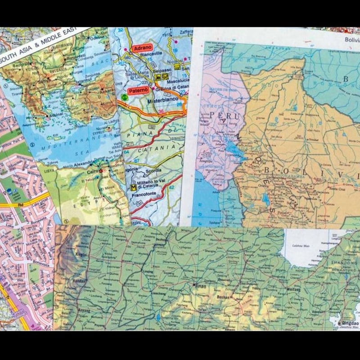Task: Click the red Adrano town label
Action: (143, 47)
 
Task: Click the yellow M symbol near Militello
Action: (133, 187)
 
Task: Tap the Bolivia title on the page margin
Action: (353, 40)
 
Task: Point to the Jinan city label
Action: (200, 285)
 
